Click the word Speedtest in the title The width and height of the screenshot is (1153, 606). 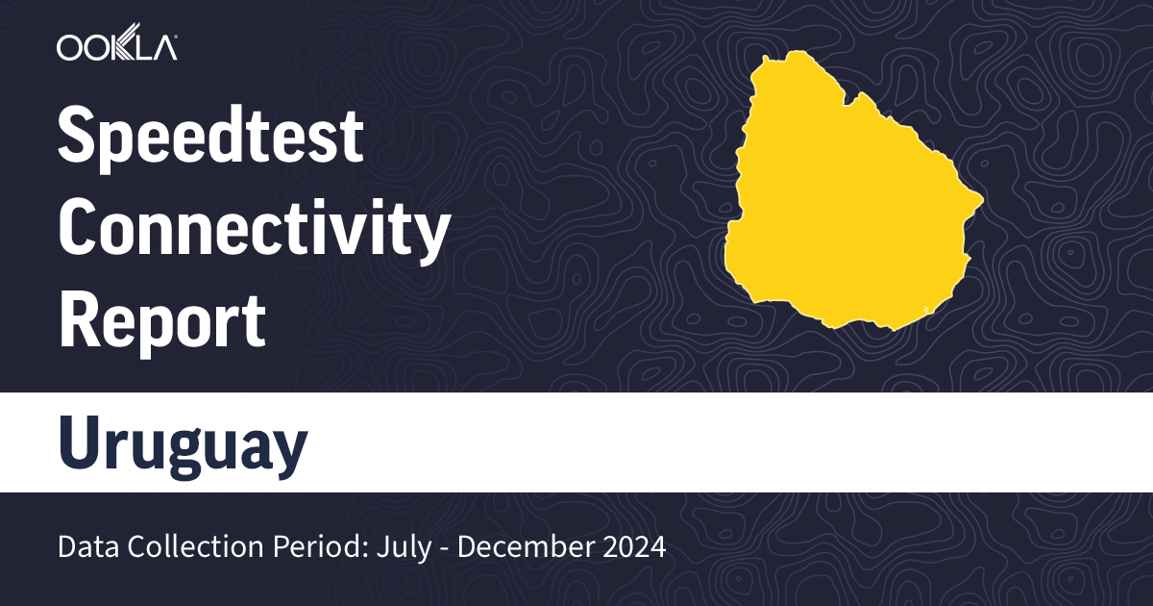point(211,136)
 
